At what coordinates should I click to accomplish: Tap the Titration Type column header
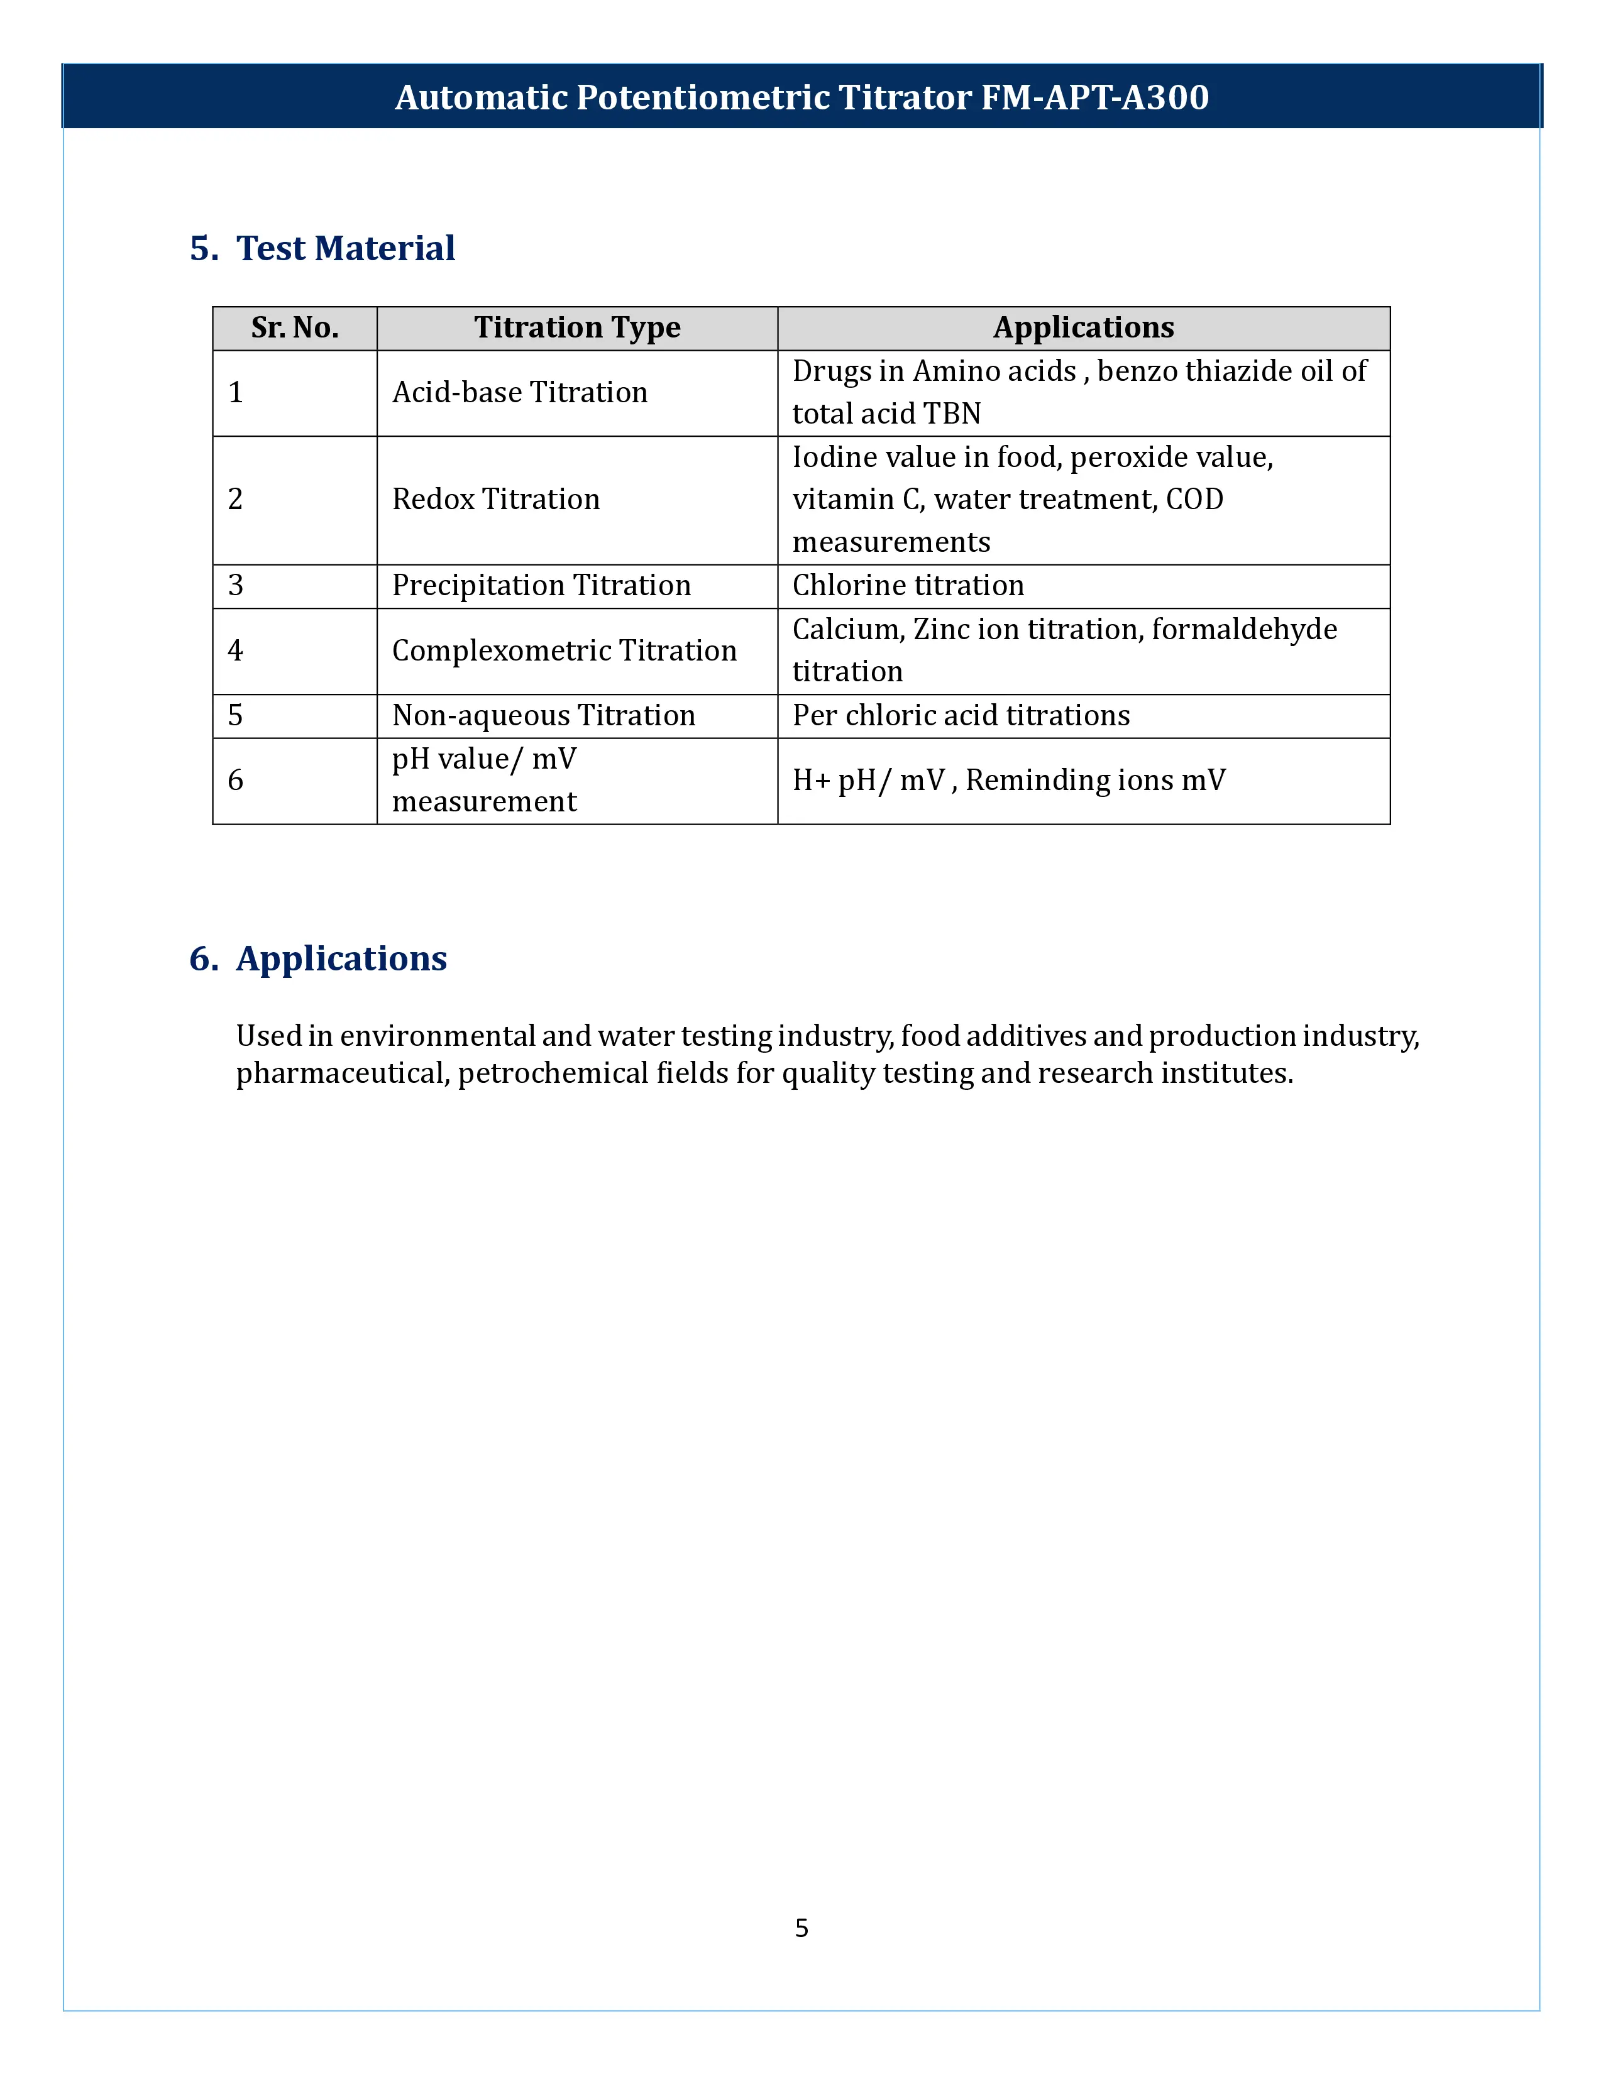click(x=576, y=327)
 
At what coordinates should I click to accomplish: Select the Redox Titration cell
click(x=496, y=500)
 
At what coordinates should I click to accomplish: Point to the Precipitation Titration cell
click(x=541, y=586)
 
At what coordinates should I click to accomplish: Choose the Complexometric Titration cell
click(x=564, y=650)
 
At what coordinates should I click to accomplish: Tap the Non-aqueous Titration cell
click(x=543, y=715)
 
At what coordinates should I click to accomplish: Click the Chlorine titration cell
click(x=908, y=586)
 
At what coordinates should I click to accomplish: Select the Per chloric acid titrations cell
click(x=961, y=715)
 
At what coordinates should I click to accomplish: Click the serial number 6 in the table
click(x=236, y=781)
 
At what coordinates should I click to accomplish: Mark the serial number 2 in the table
click(x=236, y=500)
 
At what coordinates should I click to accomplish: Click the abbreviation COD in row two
click(x=1194, y=500)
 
